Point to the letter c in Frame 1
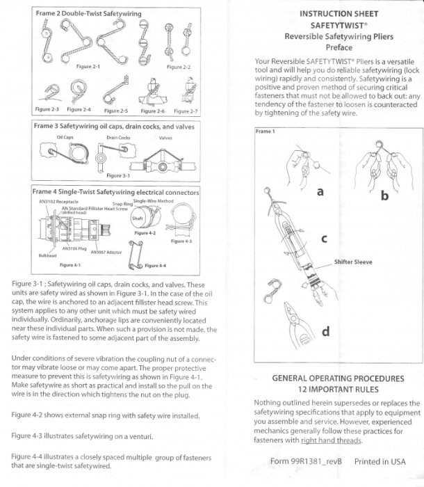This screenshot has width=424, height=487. pyautogui.click(x=323, y=239)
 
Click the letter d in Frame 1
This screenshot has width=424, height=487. pyautogui.click(x=325, y=332)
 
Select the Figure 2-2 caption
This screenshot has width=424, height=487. pyautogui.click(x=179, y=67)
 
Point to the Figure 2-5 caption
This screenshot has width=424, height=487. pyautogui.click(x=115, y=110)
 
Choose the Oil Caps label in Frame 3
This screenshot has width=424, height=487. pyautogui.click(x=65, y=138)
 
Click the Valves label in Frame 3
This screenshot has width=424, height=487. pyautogui.click(x=165, y=138)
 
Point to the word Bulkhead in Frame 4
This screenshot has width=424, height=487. pyautogui.click(x=47, y=255)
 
